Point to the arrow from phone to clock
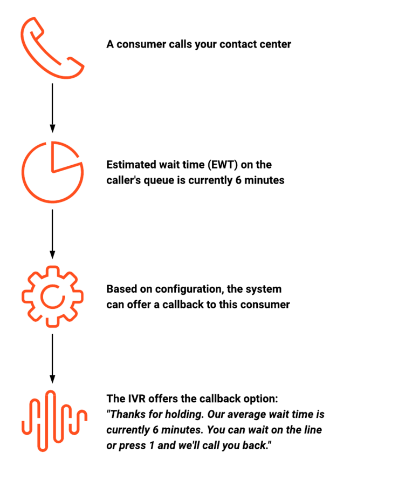click(52, 108)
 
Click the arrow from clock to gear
click(52, 234)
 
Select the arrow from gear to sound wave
click(52, 359)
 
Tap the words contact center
click(255, 44)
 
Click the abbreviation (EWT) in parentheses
click(223, 165)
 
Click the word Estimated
click(131, 165)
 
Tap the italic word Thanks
click(127, 414)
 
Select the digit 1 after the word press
click(152, 446)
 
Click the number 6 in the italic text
click(156, 430)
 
